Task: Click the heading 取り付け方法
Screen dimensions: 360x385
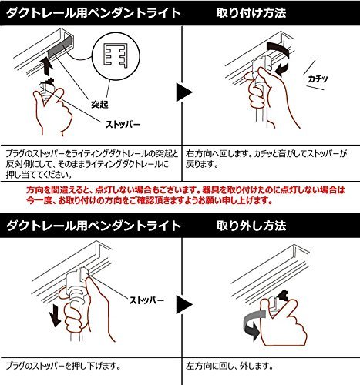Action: point(251,13)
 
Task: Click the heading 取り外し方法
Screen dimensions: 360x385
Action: point(251,226)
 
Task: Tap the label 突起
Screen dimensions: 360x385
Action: point(99,104)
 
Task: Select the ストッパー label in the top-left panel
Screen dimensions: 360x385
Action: point(123,125)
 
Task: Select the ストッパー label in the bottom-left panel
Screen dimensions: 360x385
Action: point(146,300)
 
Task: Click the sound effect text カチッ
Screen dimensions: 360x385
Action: point(318,79)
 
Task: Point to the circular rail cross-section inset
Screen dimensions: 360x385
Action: point(116,56)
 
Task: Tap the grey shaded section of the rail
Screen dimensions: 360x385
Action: point(60,47)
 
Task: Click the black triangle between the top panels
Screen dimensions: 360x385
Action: point(184,92)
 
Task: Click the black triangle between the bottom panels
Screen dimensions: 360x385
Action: point(184,304)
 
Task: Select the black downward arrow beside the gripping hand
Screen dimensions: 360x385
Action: point(55,315)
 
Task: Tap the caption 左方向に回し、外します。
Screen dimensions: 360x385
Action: point(229,366)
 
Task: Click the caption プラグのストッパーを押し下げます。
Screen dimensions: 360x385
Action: point(63,366)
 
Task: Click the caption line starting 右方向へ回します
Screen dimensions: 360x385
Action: point(266,154)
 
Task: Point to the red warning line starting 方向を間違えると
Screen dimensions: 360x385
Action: point(185,190)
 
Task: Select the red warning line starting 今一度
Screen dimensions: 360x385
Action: point(150,200)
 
